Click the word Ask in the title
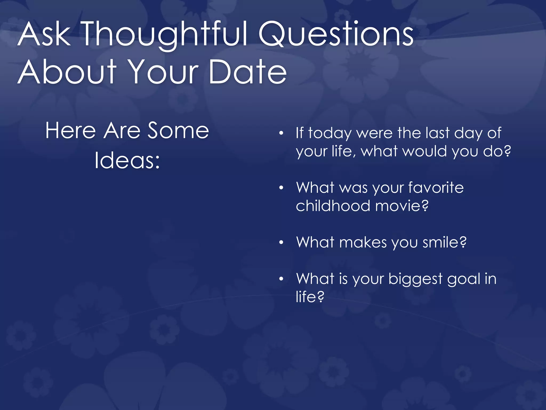tap(44, 35)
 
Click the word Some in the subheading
tap(178, 131)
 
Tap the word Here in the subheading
tap(71, 131)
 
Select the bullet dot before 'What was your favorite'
tap(281, 188)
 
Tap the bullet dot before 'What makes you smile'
tap(281, 243)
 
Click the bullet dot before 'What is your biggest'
tap(281, 279)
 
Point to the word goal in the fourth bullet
tap(463, 279)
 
